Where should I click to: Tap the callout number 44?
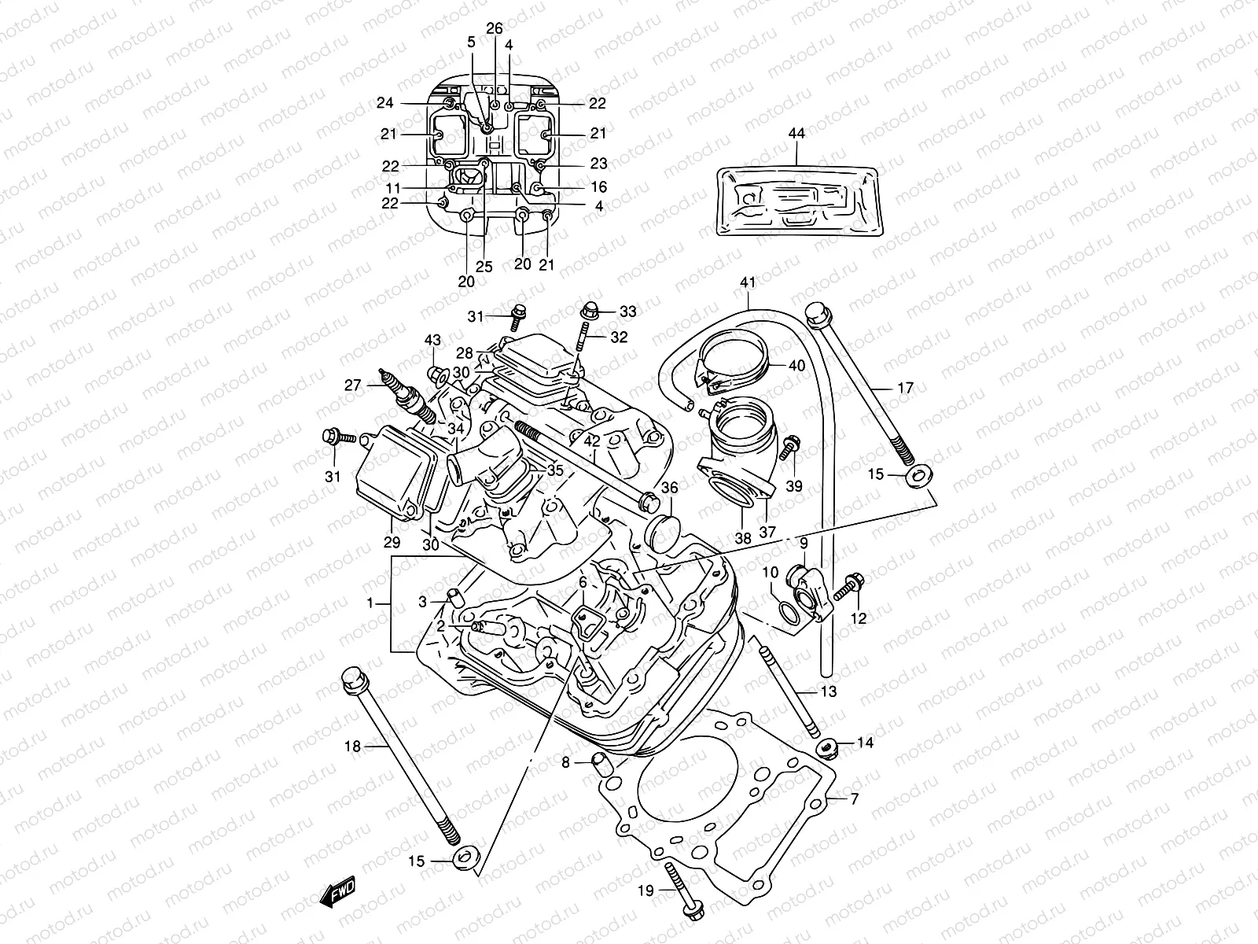(796, 135)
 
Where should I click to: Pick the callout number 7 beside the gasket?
(854, 799)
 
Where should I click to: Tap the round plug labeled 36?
(659, 533)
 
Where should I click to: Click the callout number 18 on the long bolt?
(353, 746)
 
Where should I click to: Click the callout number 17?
(905, 388)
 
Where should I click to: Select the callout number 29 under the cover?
(392, 542)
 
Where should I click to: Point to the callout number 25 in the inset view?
(484, 267)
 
